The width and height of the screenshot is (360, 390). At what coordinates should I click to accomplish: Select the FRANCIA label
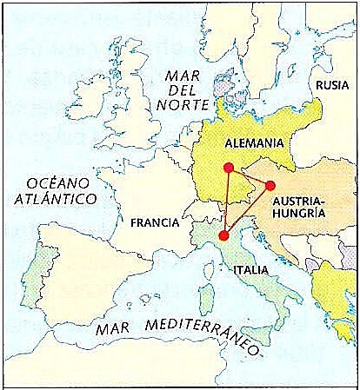154,222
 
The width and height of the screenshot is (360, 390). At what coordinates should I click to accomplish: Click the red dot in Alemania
228,168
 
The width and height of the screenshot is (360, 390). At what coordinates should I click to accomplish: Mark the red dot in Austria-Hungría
270,185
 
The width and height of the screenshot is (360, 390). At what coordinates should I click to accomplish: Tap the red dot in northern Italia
223,235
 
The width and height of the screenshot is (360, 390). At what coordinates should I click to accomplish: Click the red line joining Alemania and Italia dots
226,202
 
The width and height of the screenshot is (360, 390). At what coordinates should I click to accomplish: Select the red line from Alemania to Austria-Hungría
250,176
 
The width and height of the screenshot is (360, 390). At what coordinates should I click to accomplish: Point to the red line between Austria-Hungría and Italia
247,210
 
